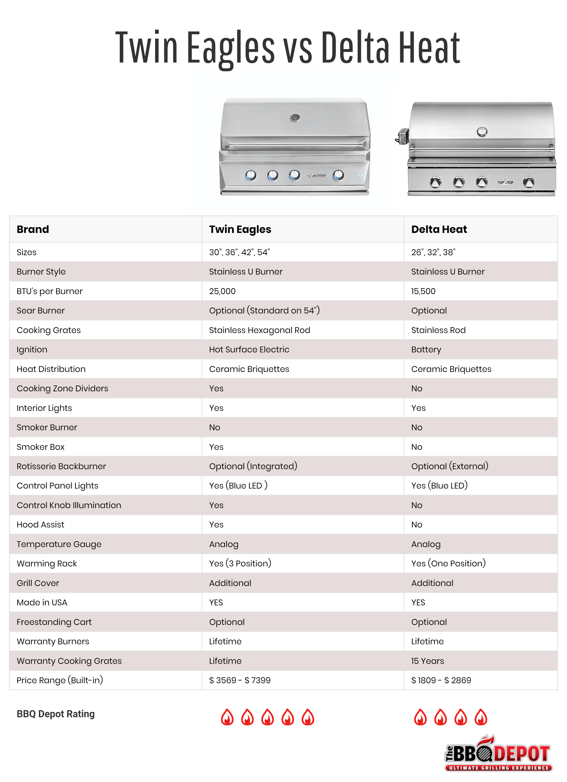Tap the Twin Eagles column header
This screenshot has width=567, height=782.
click(240, 229)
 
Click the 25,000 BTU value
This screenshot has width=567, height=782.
click(222, 291)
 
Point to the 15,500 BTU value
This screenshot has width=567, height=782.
click(423, 291)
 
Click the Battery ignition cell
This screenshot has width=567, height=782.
click(426, 350)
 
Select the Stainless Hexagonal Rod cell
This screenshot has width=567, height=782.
click(259, 330)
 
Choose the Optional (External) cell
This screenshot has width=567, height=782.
click(449, 467)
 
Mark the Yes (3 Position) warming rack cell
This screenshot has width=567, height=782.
click(240, 564)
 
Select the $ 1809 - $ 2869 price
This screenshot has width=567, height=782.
click(441, 681)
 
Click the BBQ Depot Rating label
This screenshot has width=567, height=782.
click(56, 714)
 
